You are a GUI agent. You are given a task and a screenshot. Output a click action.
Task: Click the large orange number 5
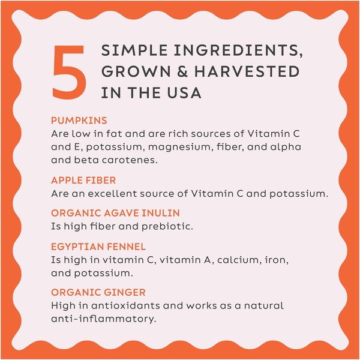[x=70, y=72]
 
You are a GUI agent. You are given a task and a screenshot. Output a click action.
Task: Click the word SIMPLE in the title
[x=134, y=50]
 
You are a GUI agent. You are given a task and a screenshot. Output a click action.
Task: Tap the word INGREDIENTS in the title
[x=238, y=51]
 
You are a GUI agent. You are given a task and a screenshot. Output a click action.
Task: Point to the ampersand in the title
[x=182, y=71]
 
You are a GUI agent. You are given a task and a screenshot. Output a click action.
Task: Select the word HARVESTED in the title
[x=247, y=71]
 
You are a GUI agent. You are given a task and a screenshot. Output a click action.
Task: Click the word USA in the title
[x=184, y=93]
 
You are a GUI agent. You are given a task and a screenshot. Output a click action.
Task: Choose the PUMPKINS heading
[x=79, y=121]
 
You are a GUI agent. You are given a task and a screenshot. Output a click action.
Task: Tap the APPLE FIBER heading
[x=83, y=180]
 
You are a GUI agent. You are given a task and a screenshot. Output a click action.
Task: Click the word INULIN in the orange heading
[x=161, y=213]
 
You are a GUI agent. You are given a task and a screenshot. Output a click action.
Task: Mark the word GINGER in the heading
[x=125, y=293]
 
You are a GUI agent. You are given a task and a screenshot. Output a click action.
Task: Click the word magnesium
[x=179, y=148]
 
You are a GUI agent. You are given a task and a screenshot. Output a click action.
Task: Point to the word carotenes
[x=130, y=160]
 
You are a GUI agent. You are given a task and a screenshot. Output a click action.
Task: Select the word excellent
[x=113, y=194]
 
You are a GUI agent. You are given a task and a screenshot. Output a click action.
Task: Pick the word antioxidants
[x=125, y=306]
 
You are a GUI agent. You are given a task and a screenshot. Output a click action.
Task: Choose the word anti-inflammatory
[x=104, y=319]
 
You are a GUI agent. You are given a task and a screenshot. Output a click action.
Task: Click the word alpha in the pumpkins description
[x=286, y=147]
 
